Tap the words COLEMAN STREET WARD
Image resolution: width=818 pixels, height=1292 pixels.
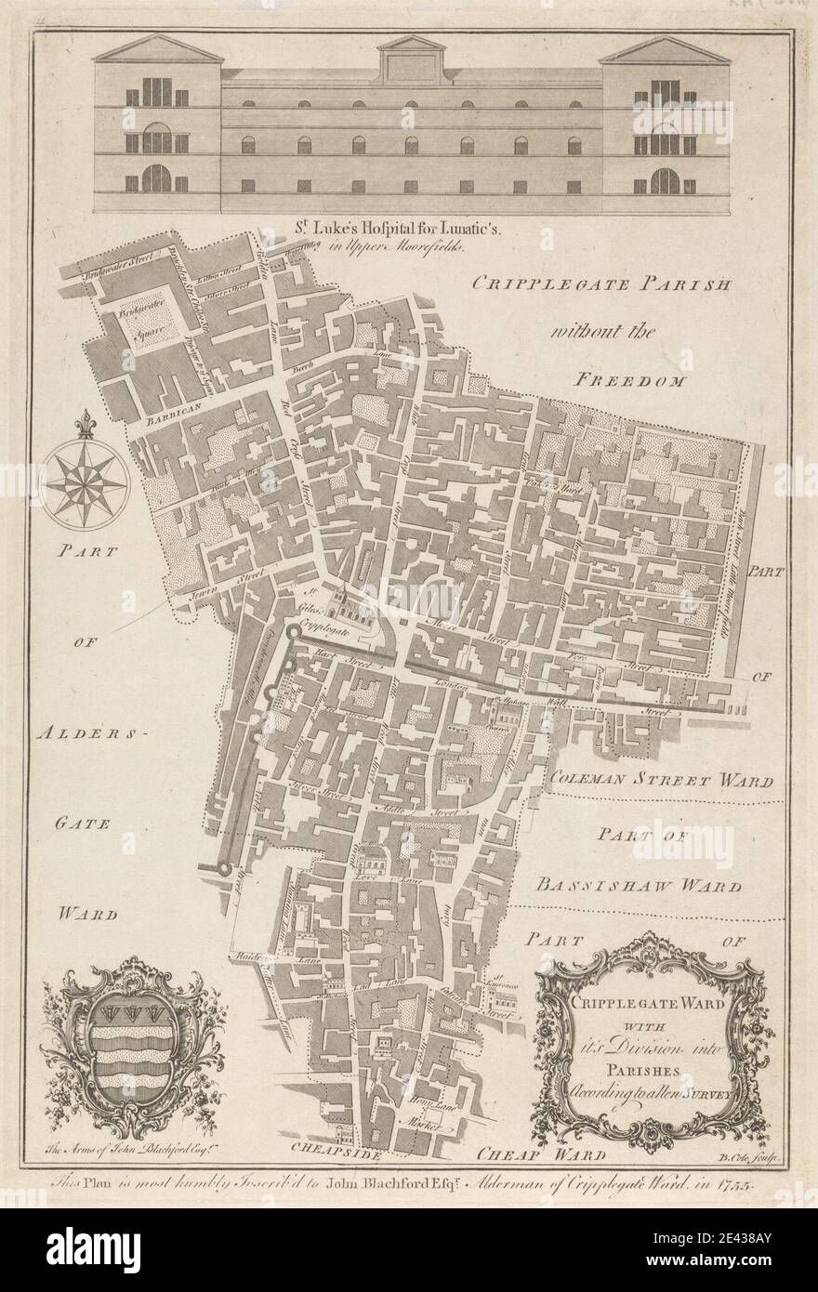pos(659,780)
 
